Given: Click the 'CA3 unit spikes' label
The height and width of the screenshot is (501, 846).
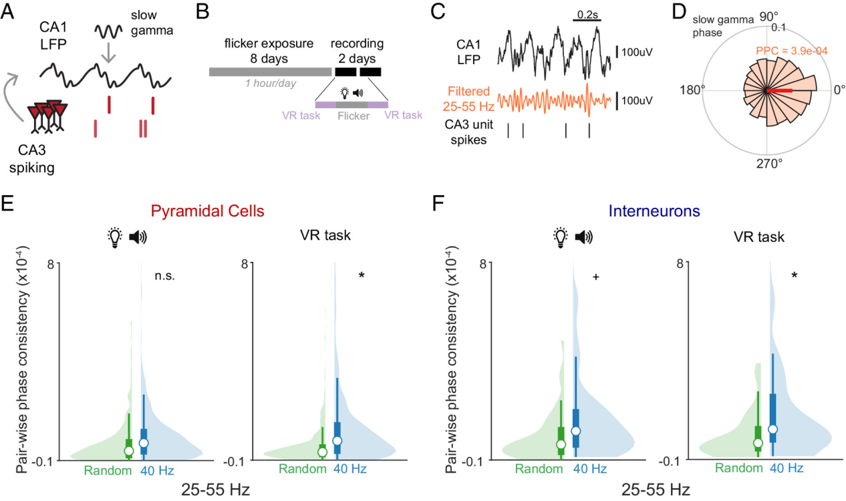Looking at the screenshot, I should [467, 132].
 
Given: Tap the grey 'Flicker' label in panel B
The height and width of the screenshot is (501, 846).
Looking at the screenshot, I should [353, 115].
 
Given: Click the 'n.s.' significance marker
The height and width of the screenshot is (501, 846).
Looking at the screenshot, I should [164, 275].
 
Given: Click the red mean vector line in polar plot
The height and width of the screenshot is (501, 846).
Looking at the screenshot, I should [779, 90].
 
